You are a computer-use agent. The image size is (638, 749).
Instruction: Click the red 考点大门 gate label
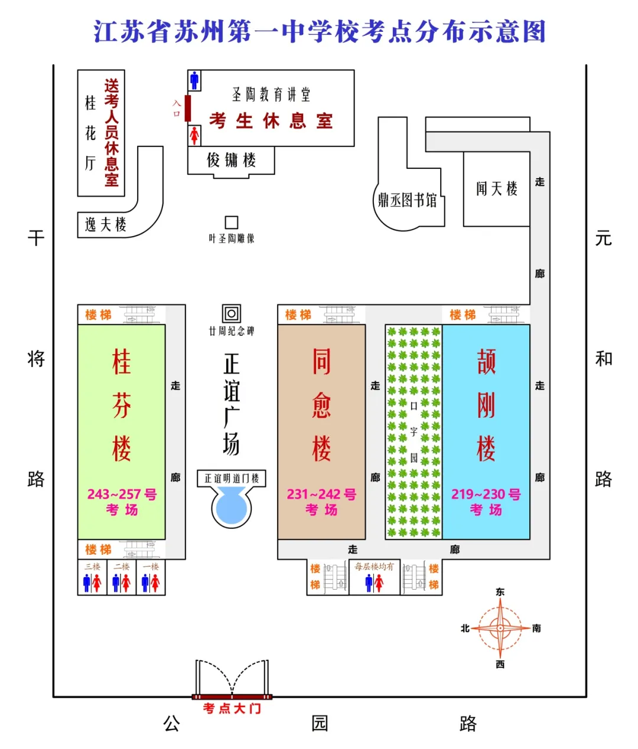pyautogui.click(x=232, y=708)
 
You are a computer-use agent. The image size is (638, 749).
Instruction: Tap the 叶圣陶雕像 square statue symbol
pyautogui.click(x=232, y=223)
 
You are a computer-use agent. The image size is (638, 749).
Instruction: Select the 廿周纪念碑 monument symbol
pyautogui.click(x=232, y=313)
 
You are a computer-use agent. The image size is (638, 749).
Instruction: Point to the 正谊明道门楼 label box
pyautogui.click(x=232, y=478)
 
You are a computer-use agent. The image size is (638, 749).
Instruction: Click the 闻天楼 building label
pyautogui.click(x=497, y=189)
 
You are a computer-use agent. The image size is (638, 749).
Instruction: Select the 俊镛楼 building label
pyautogui.click(x=232, y=160)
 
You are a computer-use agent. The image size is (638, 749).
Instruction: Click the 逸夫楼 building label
pyautogui.click(x=106, y=225)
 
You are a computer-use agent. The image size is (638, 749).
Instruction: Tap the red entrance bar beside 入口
pyautogui.click(x=188, y=109)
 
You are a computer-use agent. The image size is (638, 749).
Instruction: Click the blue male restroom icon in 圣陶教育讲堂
pyautogui.click(x=194, y=80)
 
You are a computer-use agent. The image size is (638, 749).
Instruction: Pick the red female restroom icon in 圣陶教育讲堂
pyautogui.click(x=194, y=136)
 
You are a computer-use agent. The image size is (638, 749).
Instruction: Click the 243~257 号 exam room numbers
pyautogui.click(x=122, y=494)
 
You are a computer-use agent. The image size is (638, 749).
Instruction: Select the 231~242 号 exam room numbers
pyautogui.click(x=322, y=494)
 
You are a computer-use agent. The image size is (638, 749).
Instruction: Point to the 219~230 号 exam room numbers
pyautogui.click(x=486, y=494)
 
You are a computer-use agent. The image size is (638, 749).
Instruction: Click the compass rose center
pyautogui.click(x=500, y=628)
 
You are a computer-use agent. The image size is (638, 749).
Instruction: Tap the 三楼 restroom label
pyautogui.click(x=92, y=567)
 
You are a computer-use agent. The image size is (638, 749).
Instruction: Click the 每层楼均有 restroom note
pyautogui.click(x=374, y=567)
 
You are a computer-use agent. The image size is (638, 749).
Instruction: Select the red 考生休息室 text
pyautogui.click(x=271, y=120)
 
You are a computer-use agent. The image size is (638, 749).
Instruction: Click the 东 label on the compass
pyautogui.click(x=500, y=592)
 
